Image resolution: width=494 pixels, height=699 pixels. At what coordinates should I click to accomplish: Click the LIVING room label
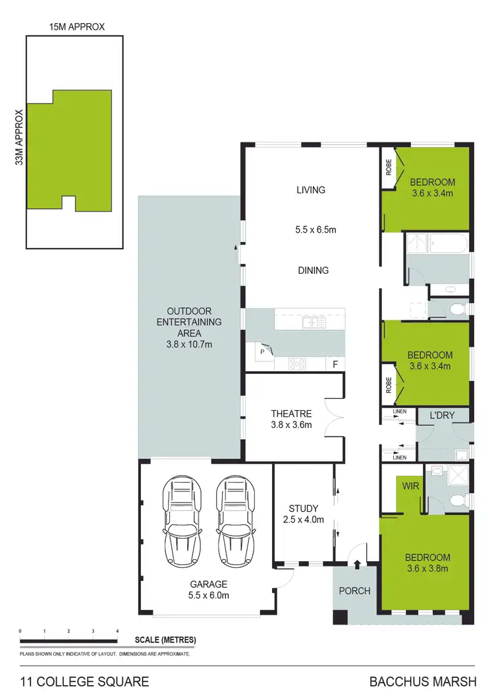[311, 190]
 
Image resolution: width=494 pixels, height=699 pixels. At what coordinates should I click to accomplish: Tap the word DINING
[312, 270]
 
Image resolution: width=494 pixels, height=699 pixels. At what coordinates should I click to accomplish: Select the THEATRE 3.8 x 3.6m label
[290, 419]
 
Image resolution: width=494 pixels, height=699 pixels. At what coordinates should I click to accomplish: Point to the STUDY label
[303, 508]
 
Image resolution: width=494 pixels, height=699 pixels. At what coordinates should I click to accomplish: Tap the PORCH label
[354, 590]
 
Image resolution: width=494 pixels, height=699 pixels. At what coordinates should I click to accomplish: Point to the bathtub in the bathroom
[448, 246]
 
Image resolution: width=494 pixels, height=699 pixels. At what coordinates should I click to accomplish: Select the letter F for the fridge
[335, 363]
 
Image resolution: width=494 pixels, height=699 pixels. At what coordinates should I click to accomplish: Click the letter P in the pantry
[261, 352]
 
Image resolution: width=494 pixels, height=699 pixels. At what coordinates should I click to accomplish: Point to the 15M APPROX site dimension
[76, 27]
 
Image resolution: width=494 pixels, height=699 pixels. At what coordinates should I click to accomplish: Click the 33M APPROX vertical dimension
[20, 137]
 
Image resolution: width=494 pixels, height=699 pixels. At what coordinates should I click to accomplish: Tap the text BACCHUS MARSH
[428, 682]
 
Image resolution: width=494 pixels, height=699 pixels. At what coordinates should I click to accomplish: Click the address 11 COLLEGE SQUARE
[84, 682]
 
